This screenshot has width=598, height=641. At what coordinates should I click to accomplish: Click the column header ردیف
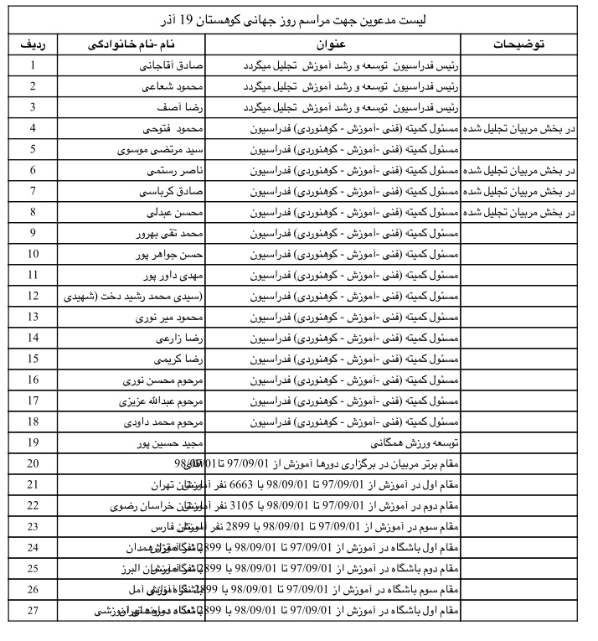[x=33, y=42]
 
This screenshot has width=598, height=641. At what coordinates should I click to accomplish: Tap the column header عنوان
[x=333, y=42]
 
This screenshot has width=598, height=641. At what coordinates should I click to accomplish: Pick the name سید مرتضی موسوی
[x=163, y=149]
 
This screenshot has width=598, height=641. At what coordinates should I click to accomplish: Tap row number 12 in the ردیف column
[x=33, y=296]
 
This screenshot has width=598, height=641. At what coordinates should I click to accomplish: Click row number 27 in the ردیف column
[x=33, y=610]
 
